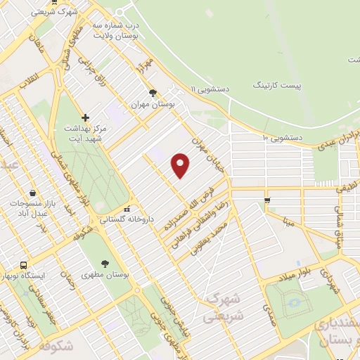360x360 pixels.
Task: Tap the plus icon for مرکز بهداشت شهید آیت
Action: [86, 117]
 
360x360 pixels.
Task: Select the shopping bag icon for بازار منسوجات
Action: [33, 193]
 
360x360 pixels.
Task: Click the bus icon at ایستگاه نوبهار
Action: [24, 266]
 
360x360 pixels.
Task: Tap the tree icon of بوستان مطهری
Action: [105, 263]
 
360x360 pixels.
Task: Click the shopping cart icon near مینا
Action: [266, 201]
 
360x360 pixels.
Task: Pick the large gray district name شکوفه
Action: [56, 345]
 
